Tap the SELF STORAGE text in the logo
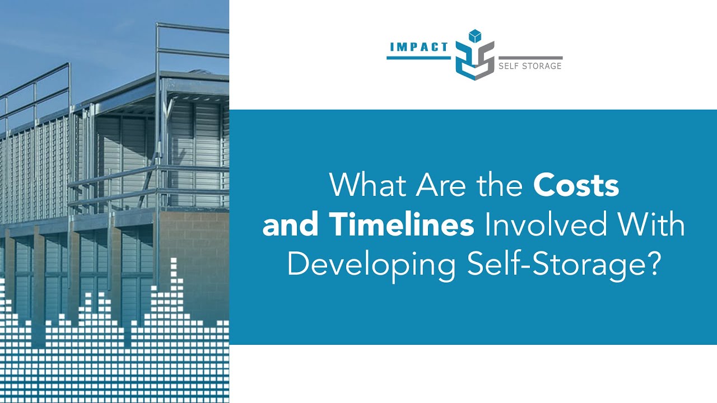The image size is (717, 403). [530, 66]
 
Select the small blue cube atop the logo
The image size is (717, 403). [474, 36]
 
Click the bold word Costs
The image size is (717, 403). [576, 186]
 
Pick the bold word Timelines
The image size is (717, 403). [401, 225]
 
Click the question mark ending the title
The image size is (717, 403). [650, 264]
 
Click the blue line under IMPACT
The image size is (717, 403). [418, 57]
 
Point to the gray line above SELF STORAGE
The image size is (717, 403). [530, 58]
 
